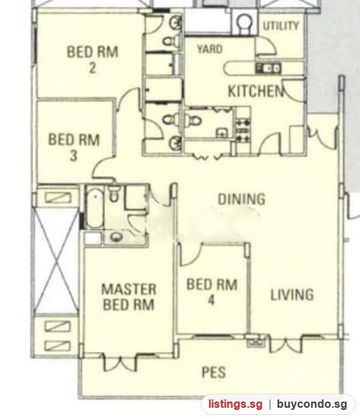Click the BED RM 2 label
[x=92, y=59]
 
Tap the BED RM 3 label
[x=74, y=147]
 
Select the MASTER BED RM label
[x=129, y=297]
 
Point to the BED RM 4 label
[x=212, y=292]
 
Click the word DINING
[x=242, y=199]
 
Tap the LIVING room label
[x=292, y=295]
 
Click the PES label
[x=214, y=372]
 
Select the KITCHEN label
[x=256, y=91]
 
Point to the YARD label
[x=210, y=49]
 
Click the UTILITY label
[x=280, y=26]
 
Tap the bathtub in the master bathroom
[x=95, y=207]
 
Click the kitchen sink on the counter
[x=268, y=68]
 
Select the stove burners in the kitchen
[x=243, y=131]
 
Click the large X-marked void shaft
[x=57, y=261]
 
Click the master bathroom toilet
[x=114, y=193]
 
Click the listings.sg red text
[x=236, y=404]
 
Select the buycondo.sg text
[x=312, y=404]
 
